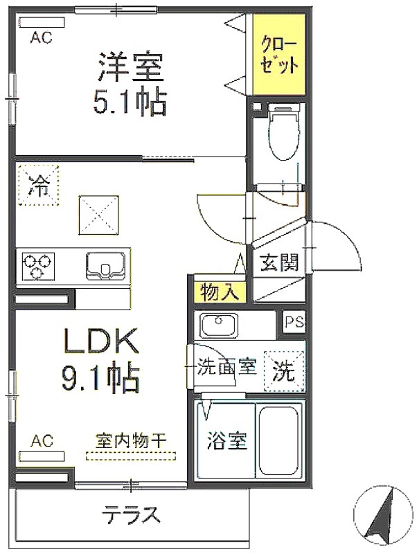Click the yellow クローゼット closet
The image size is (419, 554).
point(278,55)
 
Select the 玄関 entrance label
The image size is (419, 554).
point(280,262)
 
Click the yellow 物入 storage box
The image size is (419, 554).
point(220,292)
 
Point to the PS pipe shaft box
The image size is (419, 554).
point(294,322)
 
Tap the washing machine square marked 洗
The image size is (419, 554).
point(285,371)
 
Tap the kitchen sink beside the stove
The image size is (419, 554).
point(105,266)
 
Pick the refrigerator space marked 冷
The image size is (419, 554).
point(39,185)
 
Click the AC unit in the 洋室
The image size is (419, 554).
point(42,23)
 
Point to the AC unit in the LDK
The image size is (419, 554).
point(42,456)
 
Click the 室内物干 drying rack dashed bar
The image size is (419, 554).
point(131,456)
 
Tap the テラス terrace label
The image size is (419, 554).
point(132,515)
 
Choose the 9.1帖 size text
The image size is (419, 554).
point(100,377)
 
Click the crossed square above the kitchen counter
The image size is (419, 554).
point(99,215)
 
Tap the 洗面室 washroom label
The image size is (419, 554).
point(226,367)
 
